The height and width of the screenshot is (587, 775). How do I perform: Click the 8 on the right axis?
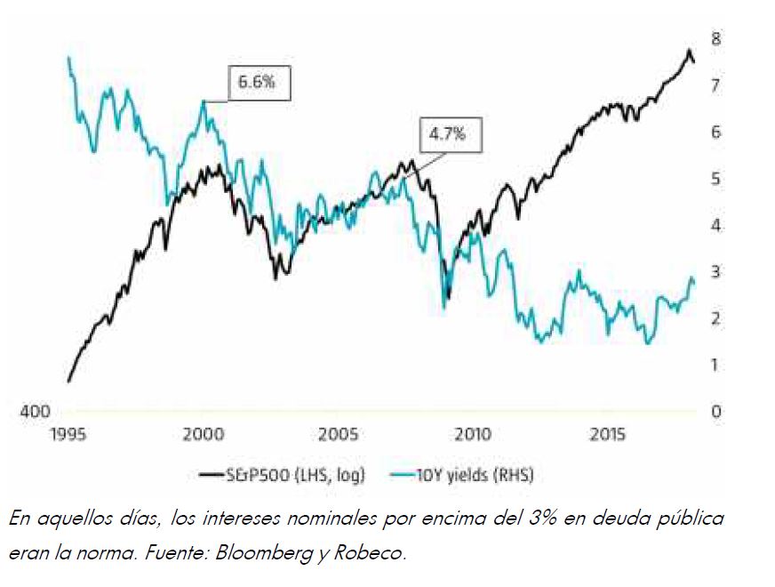tap(715, 38)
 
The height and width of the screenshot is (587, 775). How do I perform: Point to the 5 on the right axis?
tap(715, 179)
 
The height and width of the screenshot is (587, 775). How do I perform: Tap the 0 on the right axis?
tap(715, 412)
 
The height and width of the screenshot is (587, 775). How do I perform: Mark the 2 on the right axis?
tap(715, 318)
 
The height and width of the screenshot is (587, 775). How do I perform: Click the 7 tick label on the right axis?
tap(715, 85)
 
